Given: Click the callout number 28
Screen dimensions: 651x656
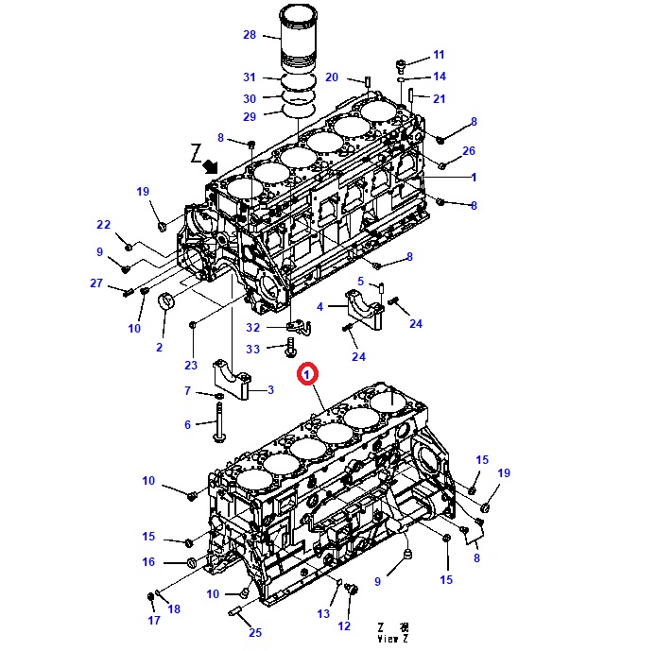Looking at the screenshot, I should tap(250, 35).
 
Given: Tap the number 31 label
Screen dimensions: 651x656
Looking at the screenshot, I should tap(250, 77).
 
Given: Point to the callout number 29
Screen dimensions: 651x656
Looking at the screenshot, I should tap(250, 116).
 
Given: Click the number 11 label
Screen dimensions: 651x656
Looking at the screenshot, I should tap(439, 55).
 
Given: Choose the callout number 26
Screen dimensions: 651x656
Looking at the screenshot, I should tap(470, 151).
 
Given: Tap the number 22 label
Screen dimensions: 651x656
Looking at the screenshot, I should tap(104, 225).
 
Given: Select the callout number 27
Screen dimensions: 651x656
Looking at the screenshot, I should tap(96, 283).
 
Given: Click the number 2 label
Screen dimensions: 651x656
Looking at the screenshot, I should tap(159, 347).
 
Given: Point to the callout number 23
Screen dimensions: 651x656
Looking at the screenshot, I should tap(191, 366).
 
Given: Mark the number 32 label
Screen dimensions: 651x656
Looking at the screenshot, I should tap(253, 327).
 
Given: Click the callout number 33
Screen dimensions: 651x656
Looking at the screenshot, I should tap(253, 350).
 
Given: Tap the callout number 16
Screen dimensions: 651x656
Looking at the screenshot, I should tap(148, 562).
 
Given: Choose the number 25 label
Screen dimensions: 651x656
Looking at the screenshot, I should tap(255, 632).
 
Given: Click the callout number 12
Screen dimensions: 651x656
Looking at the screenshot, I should tap(343, 625).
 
